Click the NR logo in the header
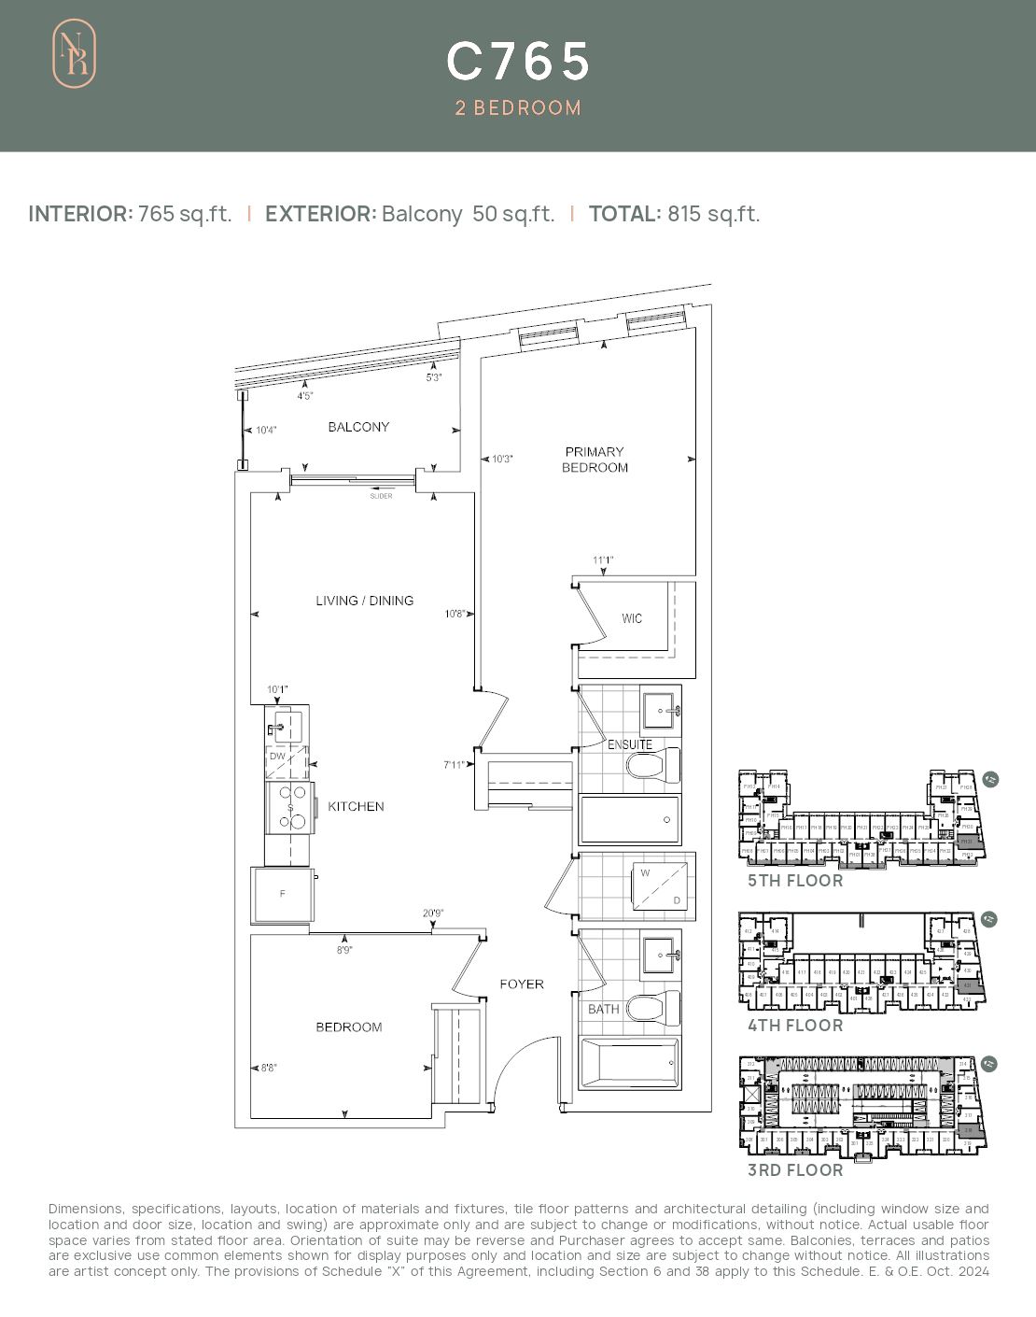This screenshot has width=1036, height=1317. pos(74,54)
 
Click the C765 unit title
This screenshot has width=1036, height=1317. pos(518,62)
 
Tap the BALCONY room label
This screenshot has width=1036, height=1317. pos(358,427)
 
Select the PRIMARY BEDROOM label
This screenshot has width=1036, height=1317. pos(595,460)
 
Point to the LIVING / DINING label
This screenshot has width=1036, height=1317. pos(364,601)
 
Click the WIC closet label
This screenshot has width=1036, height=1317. pos(632,618)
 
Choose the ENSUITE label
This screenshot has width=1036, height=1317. pos(630,744)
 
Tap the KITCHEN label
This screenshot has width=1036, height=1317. pos(356,806)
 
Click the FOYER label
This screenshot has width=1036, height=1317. pos(521,984)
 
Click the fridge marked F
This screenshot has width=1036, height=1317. pos(282,894)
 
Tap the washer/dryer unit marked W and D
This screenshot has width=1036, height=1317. pos(661,886)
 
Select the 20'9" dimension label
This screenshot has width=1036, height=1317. pos(432,913)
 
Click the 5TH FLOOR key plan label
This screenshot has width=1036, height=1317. pos(794,881)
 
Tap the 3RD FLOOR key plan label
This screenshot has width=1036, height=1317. pos(794,1170)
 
